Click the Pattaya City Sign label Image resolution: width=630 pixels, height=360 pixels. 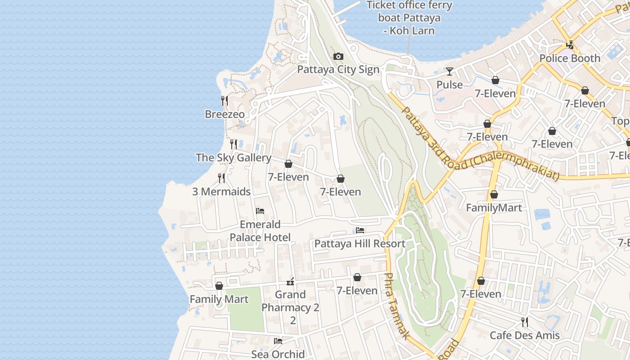(338, 70)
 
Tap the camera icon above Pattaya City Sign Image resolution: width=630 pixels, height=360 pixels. (338, 57)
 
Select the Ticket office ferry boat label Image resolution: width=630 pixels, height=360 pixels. (409, 18)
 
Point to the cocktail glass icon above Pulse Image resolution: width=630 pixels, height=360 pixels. (450, 72)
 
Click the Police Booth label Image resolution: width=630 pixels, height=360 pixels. (570, 58)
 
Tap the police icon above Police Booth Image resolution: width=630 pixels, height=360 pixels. (570, 45)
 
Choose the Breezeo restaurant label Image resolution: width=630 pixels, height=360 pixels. (225, 114)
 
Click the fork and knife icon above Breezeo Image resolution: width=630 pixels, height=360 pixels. (225, 101)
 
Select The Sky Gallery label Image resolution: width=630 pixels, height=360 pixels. (233, 157)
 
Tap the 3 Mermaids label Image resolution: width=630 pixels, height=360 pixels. (221, 191)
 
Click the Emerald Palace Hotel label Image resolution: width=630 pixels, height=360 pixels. (260, 231)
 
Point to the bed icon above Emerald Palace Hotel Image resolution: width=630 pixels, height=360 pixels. (260, 211)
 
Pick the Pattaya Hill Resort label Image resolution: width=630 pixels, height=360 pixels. (360, 243)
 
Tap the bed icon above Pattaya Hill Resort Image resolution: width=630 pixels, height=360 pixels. (360, 230)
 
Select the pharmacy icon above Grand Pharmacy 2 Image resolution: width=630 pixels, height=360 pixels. (290, 282)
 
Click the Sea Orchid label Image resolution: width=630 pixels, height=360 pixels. (278, 354)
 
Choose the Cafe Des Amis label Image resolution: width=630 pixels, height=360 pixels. (524, 335)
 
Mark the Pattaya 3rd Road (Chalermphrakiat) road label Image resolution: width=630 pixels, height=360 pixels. (479, 145)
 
